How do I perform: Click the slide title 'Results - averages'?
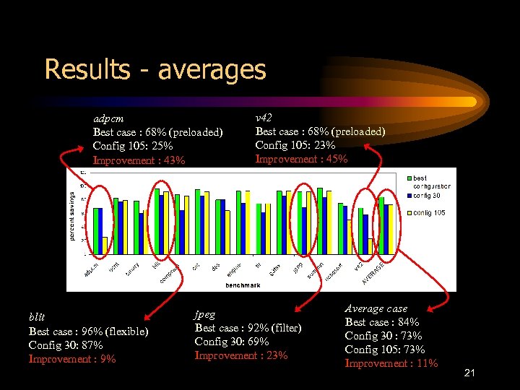tap(155, 70)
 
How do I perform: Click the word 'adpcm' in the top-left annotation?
tap(108, 118)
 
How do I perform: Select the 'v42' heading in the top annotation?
tap(264, 117)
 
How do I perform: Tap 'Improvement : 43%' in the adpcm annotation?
tap(139, 160)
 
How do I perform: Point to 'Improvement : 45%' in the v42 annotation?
tap(301, 159)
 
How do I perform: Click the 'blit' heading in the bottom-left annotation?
tap(37, 317)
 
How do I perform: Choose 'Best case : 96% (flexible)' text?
tap(88, 331)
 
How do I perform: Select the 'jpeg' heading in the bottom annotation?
tap(204, 314)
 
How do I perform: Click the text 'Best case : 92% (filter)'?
tap(248, 328)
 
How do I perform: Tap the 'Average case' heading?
tap(376, 308)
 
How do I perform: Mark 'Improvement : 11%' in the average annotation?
tap(391, 363)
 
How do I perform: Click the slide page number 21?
tap(469, 373)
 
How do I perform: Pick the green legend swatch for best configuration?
tap(408, 178)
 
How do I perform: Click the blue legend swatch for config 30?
tap(408, 196)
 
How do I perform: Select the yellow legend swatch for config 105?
tap(408, 213)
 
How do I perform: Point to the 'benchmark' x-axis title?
tap(242, 285)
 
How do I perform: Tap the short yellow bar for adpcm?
tap(105, 246)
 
